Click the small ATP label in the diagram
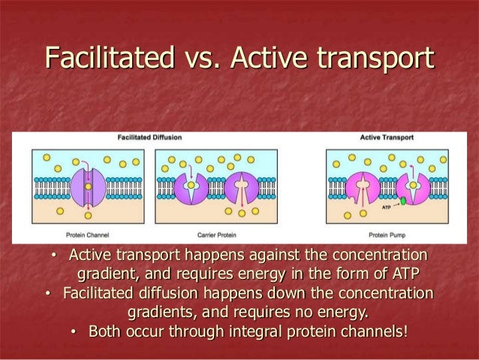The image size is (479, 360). click(386, 203)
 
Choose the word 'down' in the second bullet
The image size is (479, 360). click(252, 292)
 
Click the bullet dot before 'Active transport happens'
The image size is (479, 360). click(53, 256)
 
